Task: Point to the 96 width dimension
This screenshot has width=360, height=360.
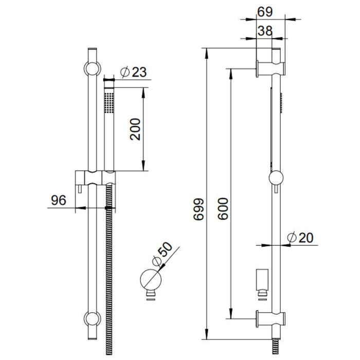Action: point(60,200)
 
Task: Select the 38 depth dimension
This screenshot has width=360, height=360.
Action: point(265,31)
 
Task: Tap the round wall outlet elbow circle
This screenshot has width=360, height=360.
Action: point(151,280)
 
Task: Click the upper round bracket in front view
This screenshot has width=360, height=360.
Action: point(91,69)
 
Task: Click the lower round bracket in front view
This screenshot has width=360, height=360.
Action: point(91,317)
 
